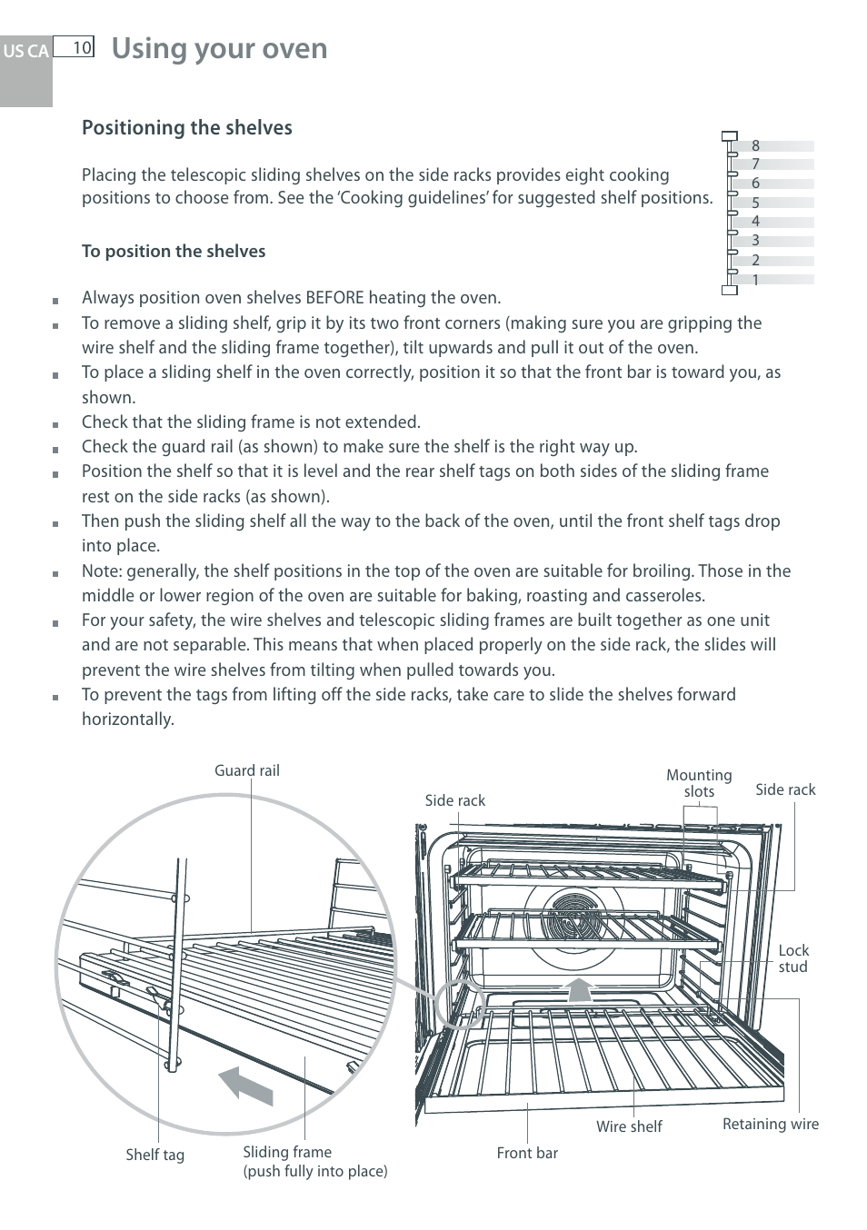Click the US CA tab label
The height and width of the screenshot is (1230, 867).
coord(25,51)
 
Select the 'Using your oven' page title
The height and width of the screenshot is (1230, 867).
coord(219,48)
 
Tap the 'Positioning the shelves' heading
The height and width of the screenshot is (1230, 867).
coord(187,128)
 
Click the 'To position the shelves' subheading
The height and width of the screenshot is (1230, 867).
coord(174,252)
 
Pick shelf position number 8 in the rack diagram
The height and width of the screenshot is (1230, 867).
coord(755,145)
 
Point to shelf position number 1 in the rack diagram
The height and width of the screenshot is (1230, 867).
coord(755,280)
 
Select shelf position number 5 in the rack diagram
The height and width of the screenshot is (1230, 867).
coord(755,203)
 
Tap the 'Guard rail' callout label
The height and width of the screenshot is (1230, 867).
coord(247,770)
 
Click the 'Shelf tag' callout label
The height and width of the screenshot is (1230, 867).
coord(154,1155)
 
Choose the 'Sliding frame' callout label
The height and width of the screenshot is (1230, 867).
coord(287,1152)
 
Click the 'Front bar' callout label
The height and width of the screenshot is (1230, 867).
coord(527,1153)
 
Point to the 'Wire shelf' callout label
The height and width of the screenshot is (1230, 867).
coord(629,1126)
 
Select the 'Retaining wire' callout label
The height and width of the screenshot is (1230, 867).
coord(770,1124)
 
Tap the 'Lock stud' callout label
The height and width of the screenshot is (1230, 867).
coord(792,958)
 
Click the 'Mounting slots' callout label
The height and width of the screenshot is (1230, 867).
coord(699,783)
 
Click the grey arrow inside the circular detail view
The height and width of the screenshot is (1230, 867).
coord(246,1086)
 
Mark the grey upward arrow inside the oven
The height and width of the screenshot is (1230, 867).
coord(578,988)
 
